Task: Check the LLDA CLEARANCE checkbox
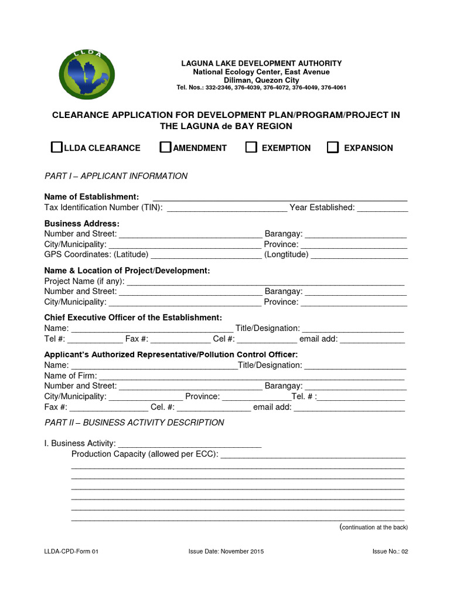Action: [56, 147]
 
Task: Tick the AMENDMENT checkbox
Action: [165, 147]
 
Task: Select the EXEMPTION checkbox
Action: [251, 147]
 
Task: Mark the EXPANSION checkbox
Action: [333, 147]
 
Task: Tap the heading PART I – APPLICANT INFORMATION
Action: [116, 176]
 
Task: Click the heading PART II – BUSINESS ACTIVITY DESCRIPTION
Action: [134, 423]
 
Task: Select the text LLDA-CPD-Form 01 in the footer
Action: [75, 552]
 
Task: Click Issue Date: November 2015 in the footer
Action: [226, 552]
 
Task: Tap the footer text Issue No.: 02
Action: [390, 552]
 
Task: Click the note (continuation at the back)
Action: [374, 527]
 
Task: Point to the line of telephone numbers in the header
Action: [261, 87]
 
